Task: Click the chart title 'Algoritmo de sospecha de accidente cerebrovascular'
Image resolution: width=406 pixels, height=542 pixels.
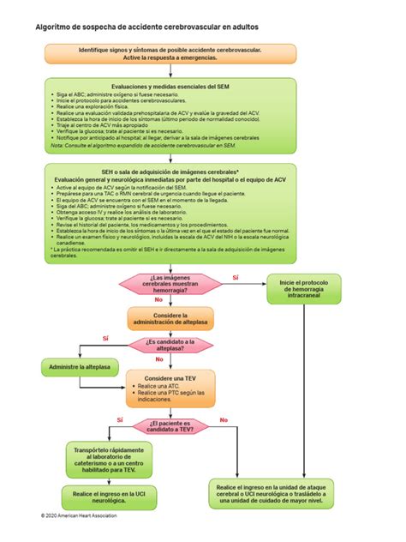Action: [146, 27]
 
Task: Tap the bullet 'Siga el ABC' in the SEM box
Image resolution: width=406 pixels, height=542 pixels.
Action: [111, 96]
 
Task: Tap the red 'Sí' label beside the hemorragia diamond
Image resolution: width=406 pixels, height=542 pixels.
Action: [236, 278]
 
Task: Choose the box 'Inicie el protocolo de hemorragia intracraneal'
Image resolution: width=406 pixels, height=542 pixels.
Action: [303, 289]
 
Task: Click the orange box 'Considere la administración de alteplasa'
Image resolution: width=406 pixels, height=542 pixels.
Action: [170, 319]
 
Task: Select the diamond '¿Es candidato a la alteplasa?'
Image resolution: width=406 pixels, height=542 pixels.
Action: [170, 345]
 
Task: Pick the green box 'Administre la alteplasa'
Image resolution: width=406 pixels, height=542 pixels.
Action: [81, 367]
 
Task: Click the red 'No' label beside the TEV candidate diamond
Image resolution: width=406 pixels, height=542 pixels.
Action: [224, 419]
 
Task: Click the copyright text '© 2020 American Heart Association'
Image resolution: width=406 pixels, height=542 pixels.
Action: [79, 515]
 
